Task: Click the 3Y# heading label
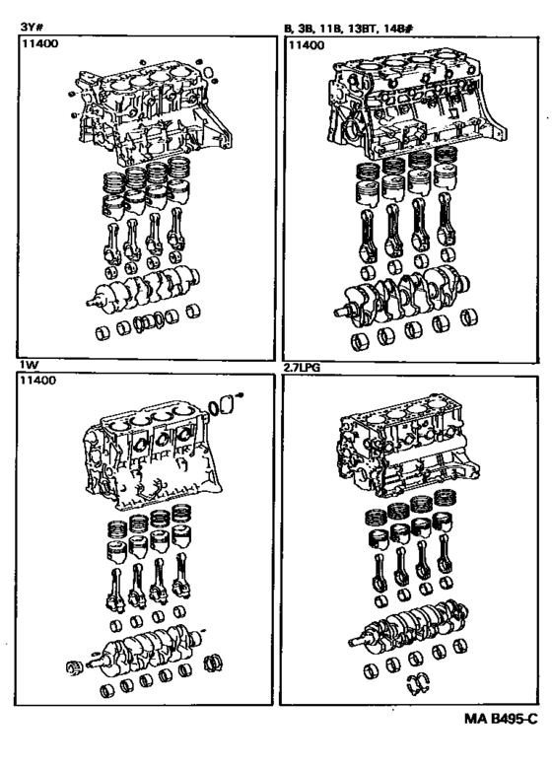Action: [32, 26]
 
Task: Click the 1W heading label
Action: [29, 366]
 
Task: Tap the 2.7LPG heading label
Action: [302, 368]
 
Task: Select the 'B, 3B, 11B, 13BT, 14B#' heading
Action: [349, 28]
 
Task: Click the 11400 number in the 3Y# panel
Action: [39, 43]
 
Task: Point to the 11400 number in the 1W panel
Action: [38, 381]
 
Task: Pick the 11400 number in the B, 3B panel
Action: [307, 45]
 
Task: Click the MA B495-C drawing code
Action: [501, 719]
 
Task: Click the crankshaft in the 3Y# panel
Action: [143, 289]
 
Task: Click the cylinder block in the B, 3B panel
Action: [416, 103]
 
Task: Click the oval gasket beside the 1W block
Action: [214, 407]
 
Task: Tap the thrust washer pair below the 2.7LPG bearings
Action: [418, 684]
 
